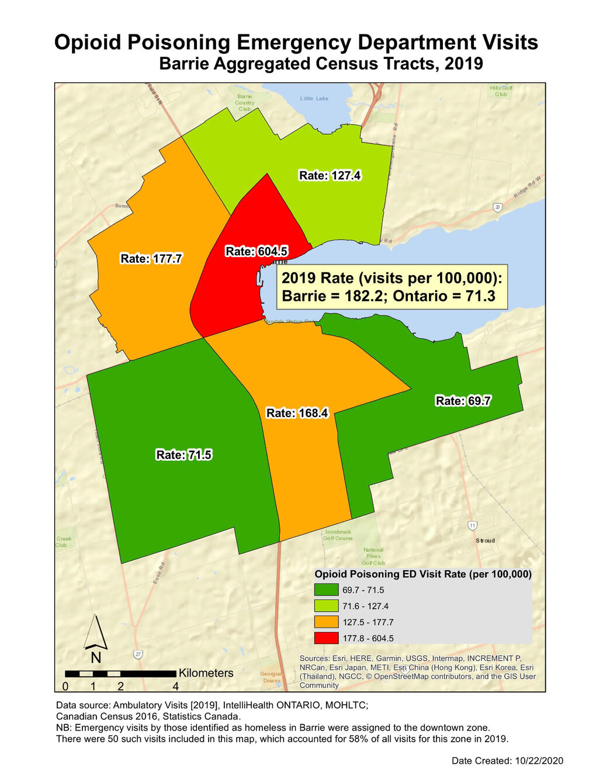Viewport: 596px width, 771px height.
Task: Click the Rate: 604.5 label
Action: click(256, 252)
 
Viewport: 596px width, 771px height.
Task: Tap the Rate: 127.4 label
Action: click(330, 176)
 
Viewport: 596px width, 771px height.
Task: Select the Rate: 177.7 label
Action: click(151, 259)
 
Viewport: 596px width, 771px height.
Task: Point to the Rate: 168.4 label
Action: click(297, 414)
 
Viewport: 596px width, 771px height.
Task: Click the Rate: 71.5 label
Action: click(183, 455)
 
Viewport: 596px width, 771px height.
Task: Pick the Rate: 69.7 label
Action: click(463, 401)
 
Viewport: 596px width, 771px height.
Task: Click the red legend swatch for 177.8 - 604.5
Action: click(326, 638)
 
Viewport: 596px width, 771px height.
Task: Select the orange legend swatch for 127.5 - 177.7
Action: click(326, 622)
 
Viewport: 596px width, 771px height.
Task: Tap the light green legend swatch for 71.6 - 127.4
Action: click(326, 606)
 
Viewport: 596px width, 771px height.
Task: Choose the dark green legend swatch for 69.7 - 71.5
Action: click(326, 590)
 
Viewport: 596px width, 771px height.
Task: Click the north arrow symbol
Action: click(95, 634)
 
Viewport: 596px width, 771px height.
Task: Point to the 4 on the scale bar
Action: click(176, 686)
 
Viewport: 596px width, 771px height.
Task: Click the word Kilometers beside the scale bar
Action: click(206, 673)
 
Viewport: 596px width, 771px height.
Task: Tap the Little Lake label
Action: click(314, 99)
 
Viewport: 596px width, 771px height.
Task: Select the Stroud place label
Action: click(485, 541)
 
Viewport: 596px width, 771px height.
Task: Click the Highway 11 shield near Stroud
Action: click(472, 526)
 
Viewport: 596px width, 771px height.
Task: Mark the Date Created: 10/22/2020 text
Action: click(507, 760)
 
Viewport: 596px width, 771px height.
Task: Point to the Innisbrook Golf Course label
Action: click(338, 535)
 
